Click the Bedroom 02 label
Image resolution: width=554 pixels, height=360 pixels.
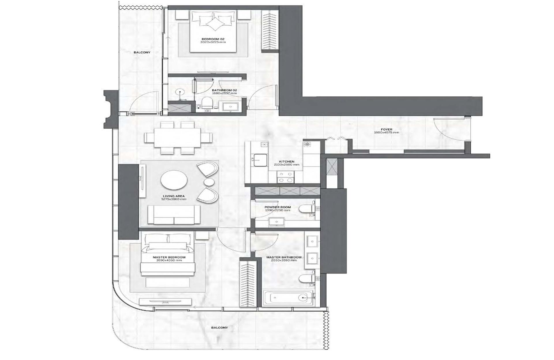click(213, 39)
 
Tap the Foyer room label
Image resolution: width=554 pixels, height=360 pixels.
click(386, 130)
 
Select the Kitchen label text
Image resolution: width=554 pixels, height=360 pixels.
click(287, 162)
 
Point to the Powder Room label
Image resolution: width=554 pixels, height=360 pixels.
click(278, 207)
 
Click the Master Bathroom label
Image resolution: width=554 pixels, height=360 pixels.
click(284, 257)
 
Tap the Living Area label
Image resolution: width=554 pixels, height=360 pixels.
click(173, 196)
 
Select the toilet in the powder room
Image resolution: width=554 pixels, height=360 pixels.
click(306, 208)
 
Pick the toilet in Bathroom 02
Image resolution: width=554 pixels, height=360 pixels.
click(207, 103)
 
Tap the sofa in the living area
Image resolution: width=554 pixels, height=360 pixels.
click(174, 215)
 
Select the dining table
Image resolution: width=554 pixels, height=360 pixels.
click(177, 138)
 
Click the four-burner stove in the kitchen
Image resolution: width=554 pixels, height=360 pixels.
click(285, 177)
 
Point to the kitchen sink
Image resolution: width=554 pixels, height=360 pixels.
click(260, 160)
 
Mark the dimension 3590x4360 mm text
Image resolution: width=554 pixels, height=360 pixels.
click(169, 260)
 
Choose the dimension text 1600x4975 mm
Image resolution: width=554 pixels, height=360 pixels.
click(386, 133)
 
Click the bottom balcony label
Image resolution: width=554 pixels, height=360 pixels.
click(219, 328)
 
